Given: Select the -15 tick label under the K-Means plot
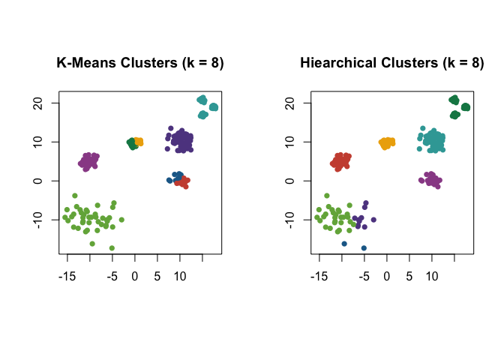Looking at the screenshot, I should [x=66, y=276].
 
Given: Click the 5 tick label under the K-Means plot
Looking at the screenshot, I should [x=157, y=276].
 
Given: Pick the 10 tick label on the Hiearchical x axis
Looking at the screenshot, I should [x=432, y=276].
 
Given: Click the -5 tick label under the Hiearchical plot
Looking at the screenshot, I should [x=364, y=276].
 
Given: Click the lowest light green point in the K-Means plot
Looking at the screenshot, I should [x=112, y=248].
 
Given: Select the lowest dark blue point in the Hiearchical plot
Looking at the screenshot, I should [x=364, y=248].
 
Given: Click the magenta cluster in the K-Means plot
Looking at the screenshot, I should [x=88, y=160].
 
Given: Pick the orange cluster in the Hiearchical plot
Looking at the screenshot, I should [x=387, y=142].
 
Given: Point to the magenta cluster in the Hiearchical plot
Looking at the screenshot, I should [x=431, y=180].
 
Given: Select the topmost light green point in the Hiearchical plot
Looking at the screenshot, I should [x=327, y=196].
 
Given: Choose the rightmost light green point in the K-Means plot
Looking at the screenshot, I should [x=121, y=220].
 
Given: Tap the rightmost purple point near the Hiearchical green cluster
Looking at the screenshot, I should [x=373, y=220].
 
